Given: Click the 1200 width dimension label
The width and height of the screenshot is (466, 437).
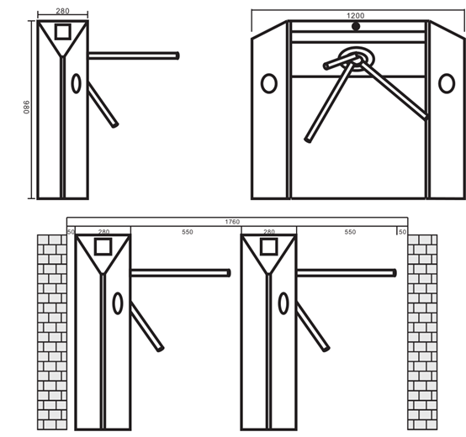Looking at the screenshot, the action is (356, 15).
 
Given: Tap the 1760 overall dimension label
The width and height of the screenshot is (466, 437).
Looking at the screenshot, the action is (232, 222).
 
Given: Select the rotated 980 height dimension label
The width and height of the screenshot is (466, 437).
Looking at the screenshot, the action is (26, 107).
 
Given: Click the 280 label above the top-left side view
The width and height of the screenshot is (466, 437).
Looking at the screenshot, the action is (62, 11).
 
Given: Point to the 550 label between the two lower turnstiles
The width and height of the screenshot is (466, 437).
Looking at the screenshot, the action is (188, 232).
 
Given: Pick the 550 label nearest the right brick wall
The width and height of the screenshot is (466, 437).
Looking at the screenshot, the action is (350, 232).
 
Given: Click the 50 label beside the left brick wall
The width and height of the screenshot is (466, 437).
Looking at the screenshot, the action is (71, 232).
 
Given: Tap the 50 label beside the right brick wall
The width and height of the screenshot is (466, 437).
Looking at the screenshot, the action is (402, 232).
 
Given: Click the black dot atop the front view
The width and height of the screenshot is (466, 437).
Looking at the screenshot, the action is (356, 26).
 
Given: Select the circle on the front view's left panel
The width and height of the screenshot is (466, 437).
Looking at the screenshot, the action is (269, 83).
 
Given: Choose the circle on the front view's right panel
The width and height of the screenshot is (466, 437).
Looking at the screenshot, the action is (447, 83).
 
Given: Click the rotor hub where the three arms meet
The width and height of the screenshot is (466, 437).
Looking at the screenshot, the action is (357, 59).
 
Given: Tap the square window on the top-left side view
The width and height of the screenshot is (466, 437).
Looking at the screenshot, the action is (63, 31).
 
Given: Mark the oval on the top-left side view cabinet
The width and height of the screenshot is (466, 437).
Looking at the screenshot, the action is (76, 83).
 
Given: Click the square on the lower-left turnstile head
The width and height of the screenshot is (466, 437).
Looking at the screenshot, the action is (103, 246).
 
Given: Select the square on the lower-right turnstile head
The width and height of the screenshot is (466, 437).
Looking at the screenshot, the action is (269, 246).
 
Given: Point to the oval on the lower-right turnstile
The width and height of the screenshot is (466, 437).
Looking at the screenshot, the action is (283, 303).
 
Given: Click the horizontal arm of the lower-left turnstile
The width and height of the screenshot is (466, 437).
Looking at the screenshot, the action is (180, 273).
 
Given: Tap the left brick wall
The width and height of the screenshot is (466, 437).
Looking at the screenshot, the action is (52, 332).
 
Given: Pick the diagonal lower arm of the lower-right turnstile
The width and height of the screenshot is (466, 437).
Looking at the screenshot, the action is (313, 327).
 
